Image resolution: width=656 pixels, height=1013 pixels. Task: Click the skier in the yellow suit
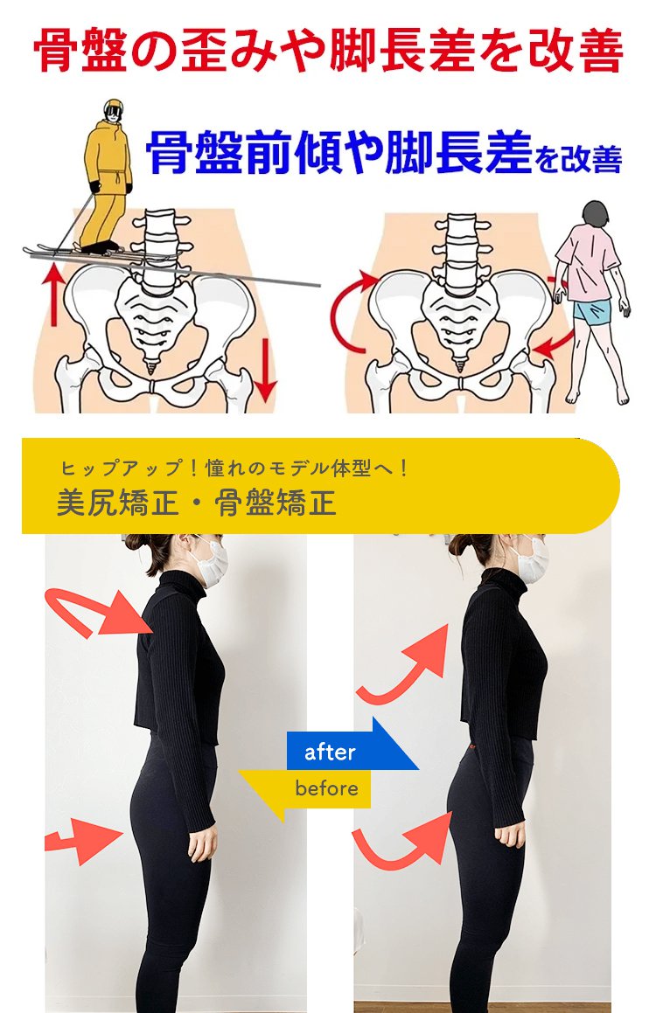tap(107, 175)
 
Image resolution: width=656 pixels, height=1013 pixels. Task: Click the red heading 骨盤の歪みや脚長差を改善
tap(328, 51)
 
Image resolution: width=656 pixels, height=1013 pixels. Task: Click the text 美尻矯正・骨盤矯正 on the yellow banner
tap(197, 503)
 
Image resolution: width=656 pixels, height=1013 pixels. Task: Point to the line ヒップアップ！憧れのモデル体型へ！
tap(234, 468)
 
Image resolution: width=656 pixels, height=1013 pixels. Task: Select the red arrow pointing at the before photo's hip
tap(84, 840)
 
